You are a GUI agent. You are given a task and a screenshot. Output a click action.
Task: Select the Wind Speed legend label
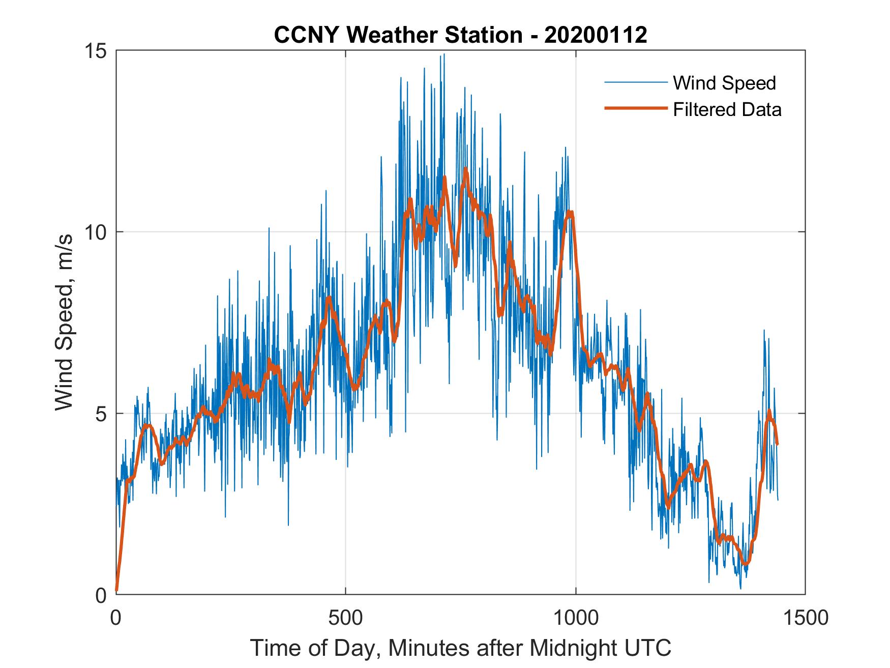(x=724, y=83)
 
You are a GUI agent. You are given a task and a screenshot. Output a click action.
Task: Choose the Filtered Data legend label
(x=727, y=109)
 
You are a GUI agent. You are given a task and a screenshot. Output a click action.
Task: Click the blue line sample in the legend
(x=635, y=82)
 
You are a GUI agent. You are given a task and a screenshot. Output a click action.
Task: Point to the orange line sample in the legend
(x=635, y=108)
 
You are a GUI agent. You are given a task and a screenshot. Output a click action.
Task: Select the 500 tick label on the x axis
(x=346, y=618)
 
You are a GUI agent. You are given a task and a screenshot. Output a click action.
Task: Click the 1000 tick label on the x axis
(x=576, y=618)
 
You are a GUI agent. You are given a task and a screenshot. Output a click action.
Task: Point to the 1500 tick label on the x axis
(x=805, y=618)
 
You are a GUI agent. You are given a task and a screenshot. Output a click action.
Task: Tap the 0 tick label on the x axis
(x=116, y=618)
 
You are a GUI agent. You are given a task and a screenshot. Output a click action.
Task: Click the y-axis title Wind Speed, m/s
(x=64, y=322)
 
